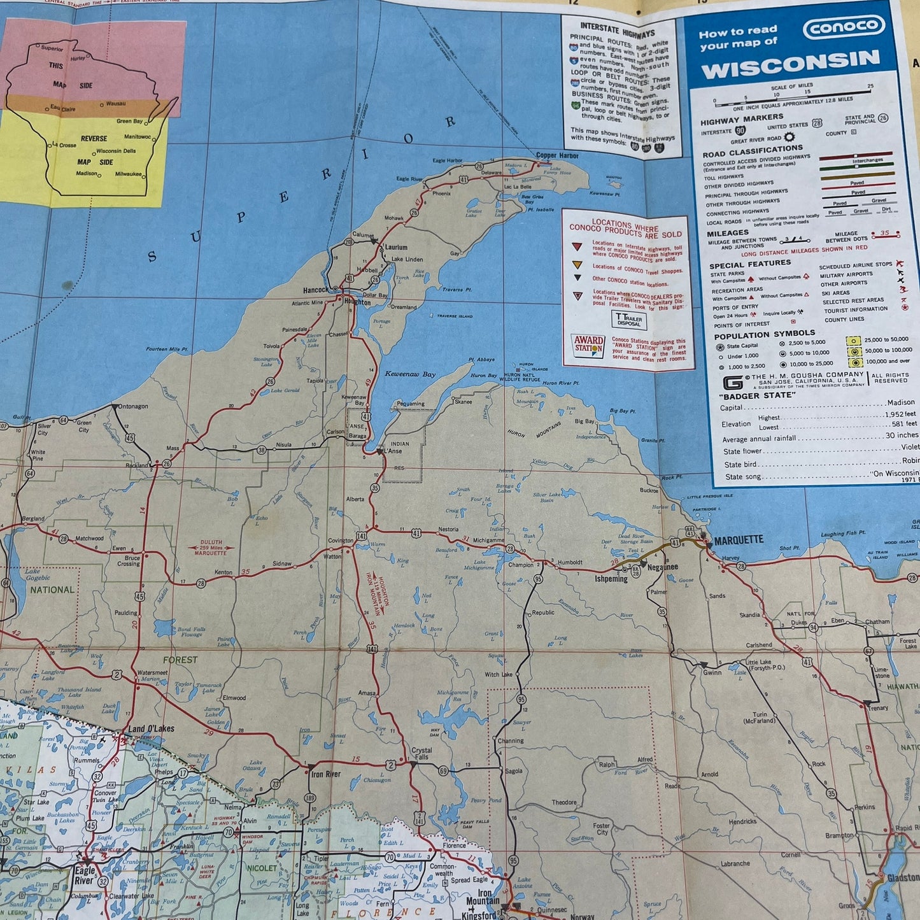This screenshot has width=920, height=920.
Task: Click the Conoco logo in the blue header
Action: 844,27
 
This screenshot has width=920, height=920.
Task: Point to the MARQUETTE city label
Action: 738,540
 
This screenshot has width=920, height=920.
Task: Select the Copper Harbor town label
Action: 557,155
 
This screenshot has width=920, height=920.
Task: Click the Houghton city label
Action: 357,302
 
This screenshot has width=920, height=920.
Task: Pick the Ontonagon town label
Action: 133,406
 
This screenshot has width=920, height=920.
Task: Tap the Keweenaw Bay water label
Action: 410,374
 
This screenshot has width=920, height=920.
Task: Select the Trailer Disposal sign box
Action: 628,319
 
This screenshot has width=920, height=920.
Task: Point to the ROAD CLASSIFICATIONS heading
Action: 752,151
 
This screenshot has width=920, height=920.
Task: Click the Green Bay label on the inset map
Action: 129,121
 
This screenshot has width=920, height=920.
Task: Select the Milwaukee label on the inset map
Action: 129,174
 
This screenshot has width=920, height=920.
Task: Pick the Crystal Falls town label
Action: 421,753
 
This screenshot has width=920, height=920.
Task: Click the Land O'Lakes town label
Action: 151,729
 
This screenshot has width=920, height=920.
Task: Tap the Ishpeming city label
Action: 611,579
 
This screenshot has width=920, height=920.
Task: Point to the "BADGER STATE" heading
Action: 749,395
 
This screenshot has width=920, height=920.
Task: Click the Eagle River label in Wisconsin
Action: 85,874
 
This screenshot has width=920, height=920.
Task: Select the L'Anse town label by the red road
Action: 393,451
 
